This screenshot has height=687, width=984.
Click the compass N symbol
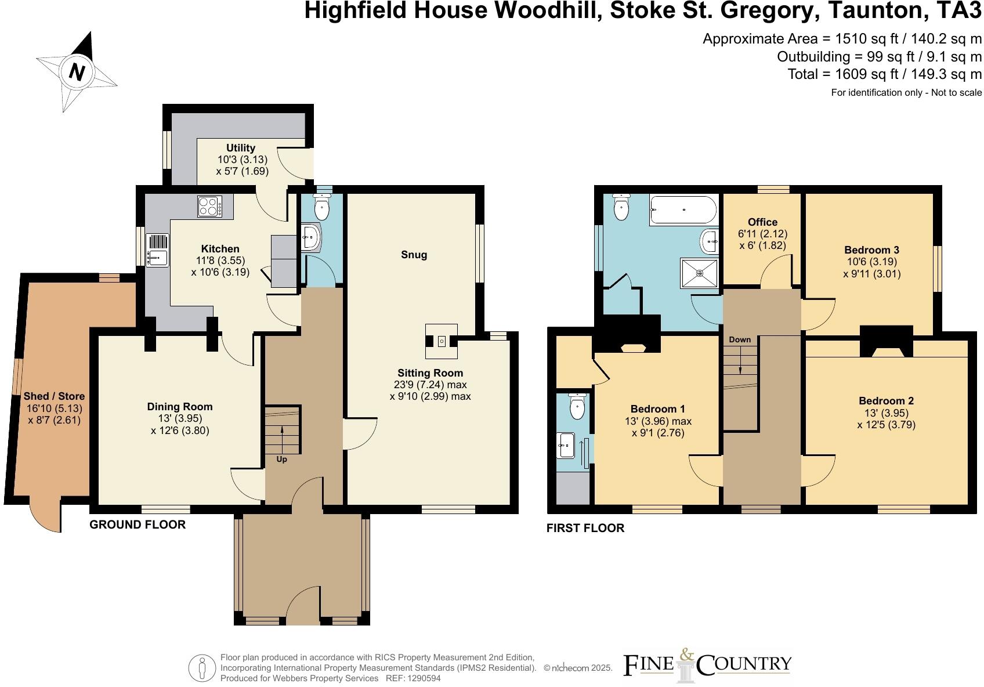pos(77,72)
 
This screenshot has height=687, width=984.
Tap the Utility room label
pos(241,148)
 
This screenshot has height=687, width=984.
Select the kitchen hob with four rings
pos(209,207)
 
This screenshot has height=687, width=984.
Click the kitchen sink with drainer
pos(157,250)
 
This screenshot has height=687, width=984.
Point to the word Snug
pos(414,255)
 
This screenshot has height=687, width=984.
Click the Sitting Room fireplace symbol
pos(442,341)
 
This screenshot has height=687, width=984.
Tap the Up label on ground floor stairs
pos(281,459)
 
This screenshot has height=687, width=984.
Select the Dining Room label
pos(179,407)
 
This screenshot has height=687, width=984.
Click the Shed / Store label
pos(54,396)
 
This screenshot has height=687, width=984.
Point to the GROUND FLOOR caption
pos(138,525)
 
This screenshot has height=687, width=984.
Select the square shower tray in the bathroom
pos(699,272)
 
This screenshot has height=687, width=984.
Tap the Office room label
pos(762,222)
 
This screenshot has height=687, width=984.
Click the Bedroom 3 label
pos(871,250)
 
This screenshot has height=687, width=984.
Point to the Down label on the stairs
pos(740,339)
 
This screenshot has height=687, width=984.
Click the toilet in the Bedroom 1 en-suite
pos(577,406)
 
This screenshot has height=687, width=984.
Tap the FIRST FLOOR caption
pos(585,528)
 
